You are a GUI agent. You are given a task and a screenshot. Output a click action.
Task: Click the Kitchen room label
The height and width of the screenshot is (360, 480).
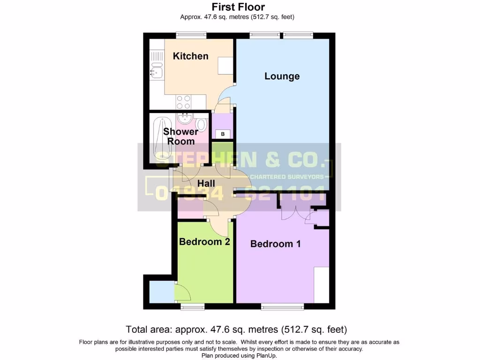pos(190,56)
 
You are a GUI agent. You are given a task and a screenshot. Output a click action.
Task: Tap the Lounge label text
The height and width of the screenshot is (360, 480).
pos(282,76)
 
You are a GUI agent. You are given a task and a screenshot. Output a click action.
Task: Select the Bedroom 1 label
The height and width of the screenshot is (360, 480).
pos(275,244)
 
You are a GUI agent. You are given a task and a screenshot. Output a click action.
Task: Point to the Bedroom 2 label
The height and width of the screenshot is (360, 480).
pos(204,242)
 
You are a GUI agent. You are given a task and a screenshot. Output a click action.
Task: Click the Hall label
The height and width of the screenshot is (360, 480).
pos(206,183)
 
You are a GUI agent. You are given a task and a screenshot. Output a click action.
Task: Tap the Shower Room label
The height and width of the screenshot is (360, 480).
pos(180,136)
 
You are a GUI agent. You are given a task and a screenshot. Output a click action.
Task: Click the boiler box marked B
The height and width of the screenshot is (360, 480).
pos(223,135)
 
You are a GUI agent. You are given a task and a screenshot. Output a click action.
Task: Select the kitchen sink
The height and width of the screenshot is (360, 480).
pos(156,71)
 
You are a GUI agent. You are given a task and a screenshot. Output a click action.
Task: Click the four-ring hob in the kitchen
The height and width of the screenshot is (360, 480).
pos(183,101)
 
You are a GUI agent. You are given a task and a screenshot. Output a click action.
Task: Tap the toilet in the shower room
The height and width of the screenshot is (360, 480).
pos(201,124)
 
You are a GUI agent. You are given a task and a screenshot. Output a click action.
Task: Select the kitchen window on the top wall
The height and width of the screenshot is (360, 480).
pos(191,35)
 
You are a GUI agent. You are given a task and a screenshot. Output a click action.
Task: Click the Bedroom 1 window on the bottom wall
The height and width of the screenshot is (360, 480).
pos(282,307)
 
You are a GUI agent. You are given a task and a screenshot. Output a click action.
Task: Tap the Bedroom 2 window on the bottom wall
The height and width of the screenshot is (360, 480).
pos(193,307)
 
